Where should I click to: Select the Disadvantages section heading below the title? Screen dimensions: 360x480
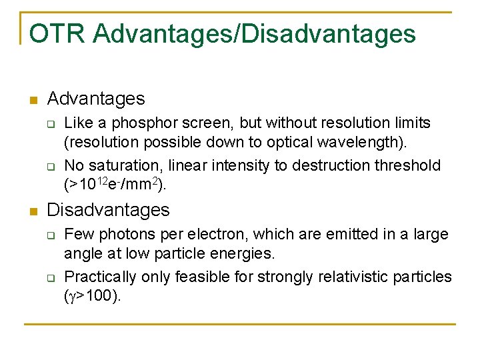108,210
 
